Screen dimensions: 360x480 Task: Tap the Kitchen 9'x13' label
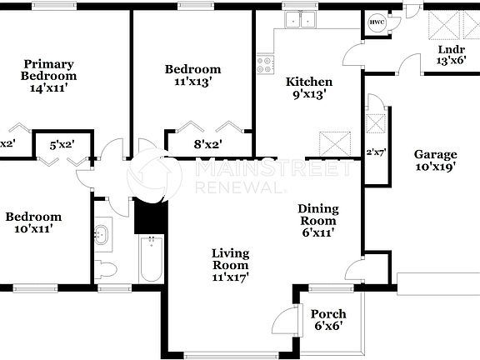tap(309, 88)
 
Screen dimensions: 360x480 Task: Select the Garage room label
tap(436, 161)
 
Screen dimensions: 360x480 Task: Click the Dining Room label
tap(318, 221)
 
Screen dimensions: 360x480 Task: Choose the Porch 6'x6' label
tap(327, 320)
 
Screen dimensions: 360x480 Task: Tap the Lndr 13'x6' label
tap(452, 55)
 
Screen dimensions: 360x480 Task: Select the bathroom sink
tap(102, 233)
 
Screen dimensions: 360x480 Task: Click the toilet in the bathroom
tap(105, 268)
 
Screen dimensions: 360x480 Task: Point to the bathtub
tap(152, 258)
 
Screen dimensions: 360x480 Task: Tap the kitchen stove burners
tap(266, 64)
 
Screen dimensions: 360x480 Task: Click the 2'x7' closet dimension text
tap(376, 152)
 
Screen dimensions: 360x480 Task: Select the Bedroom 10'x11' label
tap(33, 222)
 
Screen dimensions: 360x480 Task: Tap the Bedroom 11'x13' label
tap(192, 76)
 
